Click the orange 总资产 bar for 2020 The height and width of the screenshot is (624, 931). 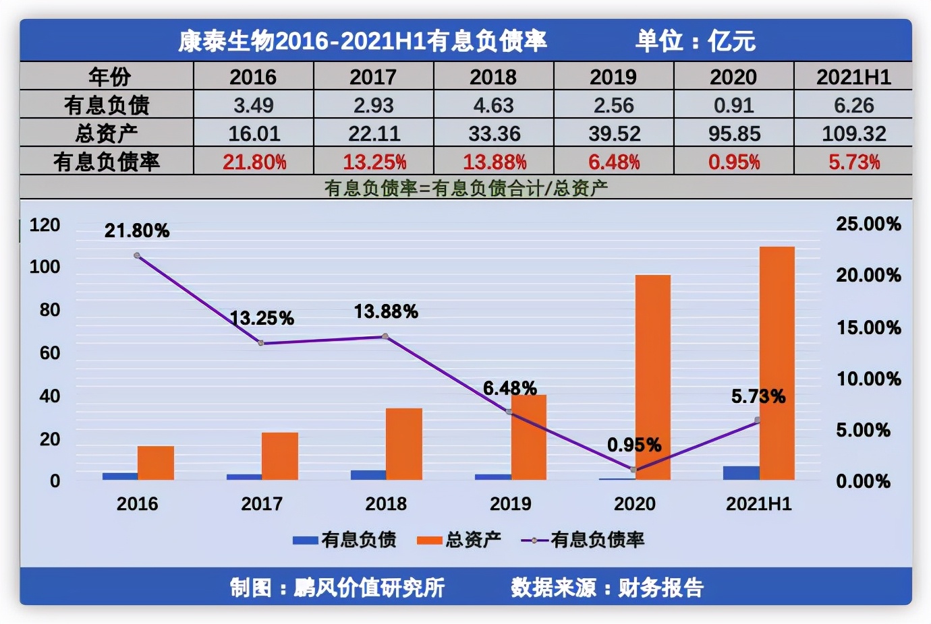[x=652, y=377]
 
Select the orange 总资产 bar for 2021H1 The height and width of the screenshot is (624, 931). [x=777, y=363]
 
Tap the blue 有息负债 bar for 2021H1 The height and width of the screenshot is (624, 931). [x=741, y=473]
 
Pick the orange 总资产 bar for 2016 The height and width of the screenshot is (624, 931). [x=156, y=463]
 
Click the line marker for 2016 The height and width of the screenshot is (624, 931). [x=137, y=256]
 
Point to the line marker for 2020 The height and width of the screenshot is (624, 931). [x=633, y=469]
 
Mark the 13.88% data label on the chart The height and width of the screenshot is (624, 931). [x=386, y=312]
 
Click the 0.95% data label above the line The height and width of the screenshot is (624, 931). [x=634, y=445]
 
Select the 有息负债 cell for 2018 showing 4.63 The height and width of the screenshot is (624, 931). [x=493, y=106]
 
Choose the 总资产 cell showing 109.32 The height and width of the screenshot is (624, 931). [x=853, y=133]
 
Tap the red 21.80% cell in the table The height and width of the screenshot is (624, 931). [x=254, y=162]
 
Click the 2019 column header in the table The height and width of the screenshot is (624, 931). [x=613, y=77]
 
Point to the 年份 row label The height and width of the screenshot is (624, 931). [x=108, y=77]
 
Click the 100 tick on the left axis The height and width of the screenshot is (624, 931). [x=45, y=267]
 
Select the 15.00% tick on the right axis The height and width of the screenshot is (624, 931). [x=868, y=328]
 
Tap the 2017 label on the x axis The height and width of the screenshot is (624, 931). [x=262, y=504]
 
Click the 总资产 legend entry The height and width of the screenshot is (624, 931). [x=459, y=540]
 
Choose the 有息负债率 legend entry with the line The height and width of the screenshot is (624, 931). [x=583, y=540]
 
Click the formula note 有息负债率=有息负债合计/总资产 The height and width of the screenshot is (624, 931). [x=465, y=188]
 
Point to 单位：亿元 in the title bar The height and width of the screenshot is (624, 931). [x=695, y=41]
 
